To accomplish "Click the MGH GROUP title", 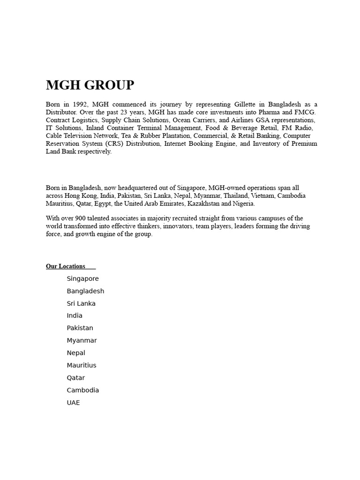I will click(x=90, y=85).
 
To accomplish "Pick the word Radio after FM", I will click(x=303, y=128).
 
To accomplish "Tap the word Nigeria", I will click(x=243, y=203).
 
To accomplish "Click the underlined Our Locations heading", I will click(x=66, y=266).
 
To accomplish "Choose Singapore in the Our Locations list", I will click(x=82, y=279).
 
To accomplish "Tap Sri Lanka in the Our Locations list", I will click(x=81, y=303).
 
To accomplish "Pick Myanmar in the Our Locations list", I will click(x=82, y=340).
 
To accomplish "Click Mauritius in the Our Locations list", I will click(x=82, y=365).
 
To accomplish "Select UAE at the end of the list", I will click(x=73, y=402).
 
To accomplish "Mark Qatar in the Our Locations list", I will click(x=76, y=378).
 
